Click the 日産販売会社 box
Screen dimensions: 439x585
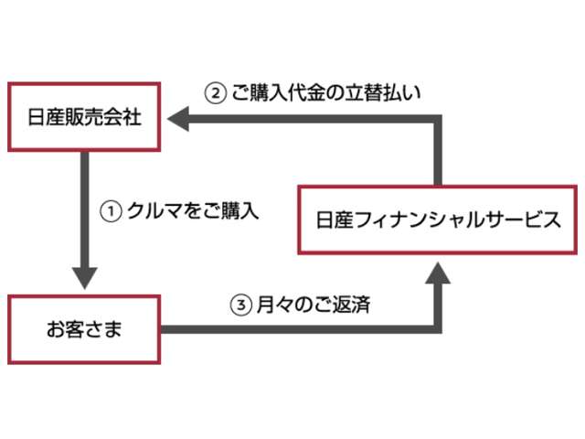[x=84, y=117]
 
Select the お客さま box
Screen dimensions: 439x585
[x=84, y=328]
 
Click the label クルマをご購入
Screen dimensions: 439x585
[x=192, y=211]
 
